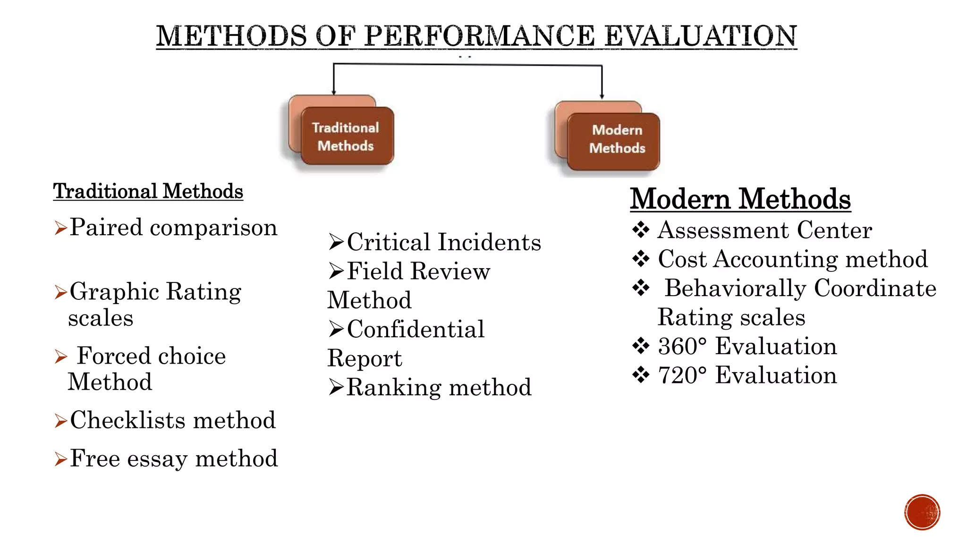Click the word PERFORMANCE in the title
pos(479,36)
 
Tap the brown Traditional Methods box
pos(347,136)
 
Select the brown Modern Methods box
pos(614,141)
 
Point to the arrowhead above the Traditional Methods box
pos(334,92)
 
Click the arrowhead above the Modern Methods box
pos(602,96)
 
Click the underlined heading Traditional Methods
pos(148,191)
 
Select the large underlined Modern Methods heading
pos(740,199)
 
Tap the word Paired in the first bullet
pos(106,228)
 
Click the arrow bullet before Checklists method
pos(60,420)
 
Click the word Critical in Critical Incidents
pos(390,242)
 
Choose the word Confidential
pos(416,329)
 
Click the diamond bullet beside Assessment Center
pos(641,230)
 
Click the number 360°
pos(682,346)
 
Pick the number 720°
pos(682,375)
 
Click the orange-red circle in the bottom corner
pos(922,512)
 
